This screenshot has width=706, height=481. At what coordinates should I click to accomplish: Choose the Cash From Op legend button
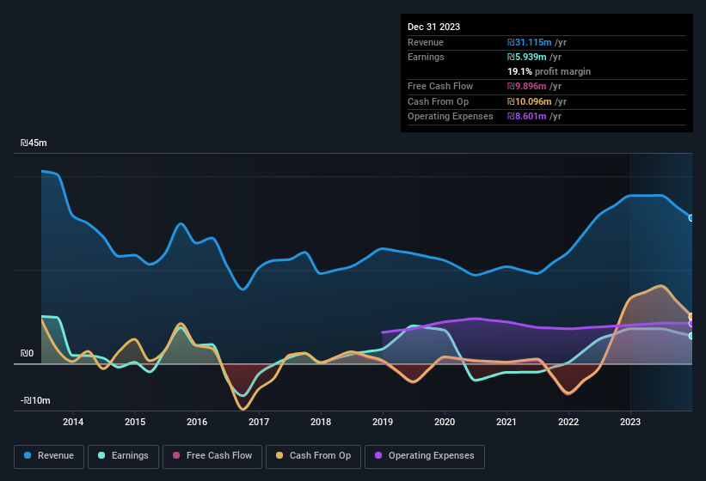click(x=313, y=456)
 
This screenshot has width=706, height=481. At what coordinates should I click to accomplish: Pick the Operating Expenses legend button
click(x=425, y=456)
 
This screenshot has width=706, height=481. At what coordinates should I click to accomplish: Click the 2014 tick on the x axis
click(x=73, y=422)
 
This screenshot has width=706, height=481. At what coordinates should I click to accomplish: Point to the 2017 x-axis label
click(x=259, y=422)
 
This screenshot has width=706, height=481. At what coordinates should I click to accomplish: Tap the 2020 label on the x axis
click(x=445, y=422)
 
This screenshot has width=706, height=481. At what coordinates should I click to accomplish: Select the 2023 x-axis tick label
click(x=630, y=422)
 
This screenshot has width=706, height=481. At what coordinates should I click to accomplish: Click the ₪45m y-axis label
click(x=34, y=143)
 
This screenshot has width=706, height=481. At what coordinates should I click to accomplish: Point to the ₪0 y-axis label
click(x=28, y=353)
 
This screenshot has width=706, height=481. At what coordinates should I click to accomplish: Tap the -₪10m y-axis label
click(x=36, y=401)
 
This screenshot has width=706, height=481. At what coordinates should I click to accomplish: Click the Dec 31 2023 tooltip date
click(x=434, y=27)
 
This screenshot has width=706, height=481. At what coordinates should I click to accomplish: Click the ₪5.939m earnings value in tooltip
click(x=531, y=57)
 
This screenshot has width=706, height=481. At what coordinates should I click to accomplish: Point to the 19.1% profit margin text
click(x=549, y=71)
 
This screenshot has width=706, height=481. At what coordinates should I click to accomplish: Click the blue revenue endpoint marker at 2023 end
click(x=691, y=217)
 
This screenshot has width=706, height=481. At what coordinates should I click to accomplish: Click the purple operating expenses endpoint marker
click(x=691, y=324)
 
